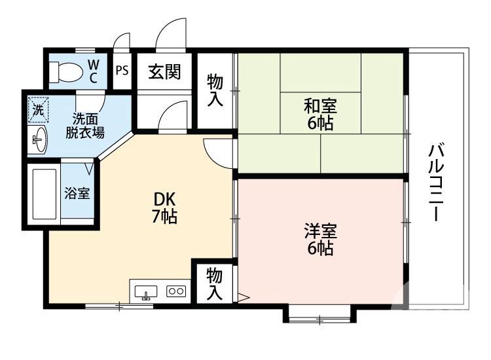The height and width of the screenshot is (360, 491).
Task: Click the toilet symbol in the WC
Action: tap(64, 70)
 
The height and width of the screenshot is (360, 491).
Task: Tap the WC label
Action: tap(94, 71)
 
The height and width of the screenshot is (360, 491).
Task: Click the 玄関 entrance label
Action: tap(164, 71)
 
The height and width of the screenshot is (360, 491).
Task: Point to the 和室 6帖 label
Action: tap(320, 113)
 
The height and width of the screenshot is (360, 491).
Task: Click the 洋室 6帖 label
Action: tap(320, 240)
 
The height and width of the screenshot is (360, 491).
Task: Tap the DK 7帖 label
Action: tap(164, 207)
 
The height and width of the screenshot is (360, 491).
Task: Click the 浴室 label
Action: tap(77, 194)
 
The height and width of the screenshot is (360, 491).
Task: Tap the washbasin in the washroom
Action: tap(39, 138)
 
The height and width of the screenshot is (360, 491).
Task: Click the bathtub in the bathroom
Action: tap(45, 194)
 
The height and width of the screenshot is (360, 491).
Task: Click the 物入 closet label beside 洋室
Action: tap(214, 283)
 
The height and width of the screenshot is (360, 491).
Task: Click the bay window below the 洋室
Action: tap(319, 315)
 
